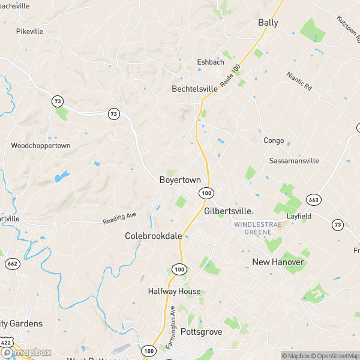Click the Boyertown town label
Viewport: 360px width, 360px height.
(x=180, y=180)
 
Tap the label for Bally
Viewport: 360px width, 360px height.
(x=268, y=23)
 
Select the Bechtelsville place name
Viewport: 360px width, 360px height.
(x=194, y=89)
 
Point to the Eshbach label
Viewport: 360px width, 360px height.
(x=211, y=62)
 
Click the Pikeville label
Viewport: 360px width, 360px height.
(x=30, y=31)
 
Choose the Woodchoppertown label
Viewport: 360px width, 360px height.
(x=41, y=146)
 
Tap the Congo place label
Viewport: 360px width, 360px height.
(x=274, y=140)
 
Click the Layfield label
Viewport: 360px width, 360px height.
(x=299, y=215)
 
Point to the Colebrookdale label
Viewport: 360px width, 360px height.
(x=153, y=236)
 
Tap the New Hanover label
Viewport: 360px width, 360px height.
(x=277, y=262)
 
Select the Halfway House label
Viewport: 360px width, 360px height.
(x=174, y=292)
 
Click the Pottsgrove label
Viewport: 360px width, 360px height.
(x=201, y=332)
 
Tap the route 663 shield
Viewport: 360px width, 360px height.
(x=312, y=199)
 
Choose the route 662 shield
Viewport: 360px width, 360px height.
(x=11, y=263)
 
